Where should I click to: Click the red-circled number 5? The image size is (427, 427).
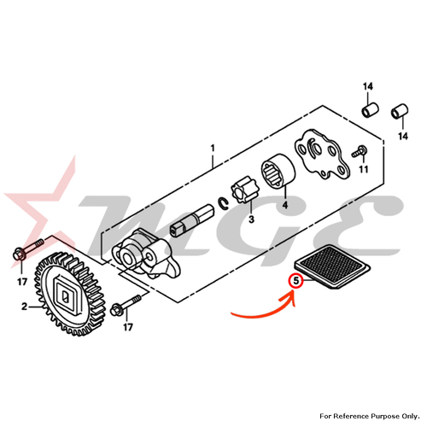(x=296, y=281)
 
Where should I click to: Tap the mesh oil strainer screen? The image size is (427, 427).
(x=332, y=266)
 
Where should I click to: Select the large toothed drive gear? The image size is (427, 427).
(x=70, y=294)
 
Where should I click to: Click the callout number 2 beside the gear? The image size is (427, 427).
(x=24, y=307)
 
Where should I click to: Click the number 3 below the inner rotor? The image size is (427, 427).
(x=251, y=219)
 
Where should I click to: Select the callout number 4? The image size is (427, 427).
(x=285, y=205)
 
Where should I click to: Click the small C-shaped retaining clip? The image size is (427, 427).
(x=224, y=203)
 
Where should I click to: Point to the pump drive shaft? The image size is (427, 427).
(x=192, y=220)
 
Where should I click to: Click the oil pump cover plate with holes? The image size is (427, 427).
(x=321, y=155)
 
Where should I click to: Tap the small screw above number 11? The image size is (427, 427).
(x=360, y=151)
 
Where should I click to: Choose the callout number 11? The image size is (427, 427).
(x=363, y=169)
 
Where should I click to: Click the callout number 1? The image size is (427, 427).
(x=213, y=149)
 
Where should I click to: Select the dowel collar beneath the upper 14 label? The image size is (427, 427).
(x=370, y=110)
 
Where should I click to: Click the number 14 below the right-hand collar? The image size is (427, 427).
(x=403, y=136)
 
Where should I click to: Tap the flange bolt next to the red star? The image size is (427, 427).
(x=28, y=249)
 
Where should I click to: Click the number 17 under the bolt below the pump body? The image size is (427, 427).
(x=128, y=327)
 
